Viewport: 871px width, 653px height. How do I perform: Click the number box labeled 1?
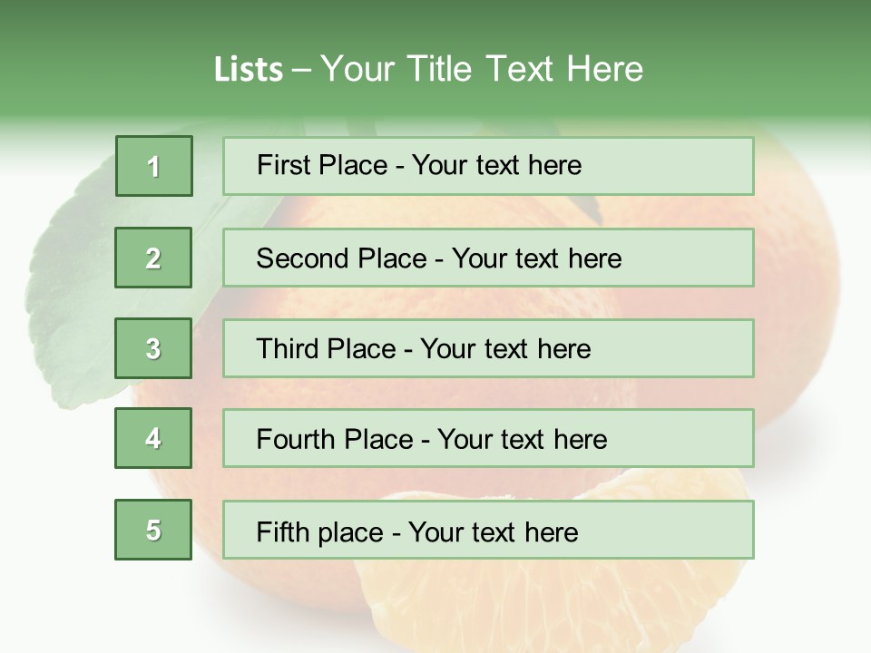pyautogui.click(x=154, y=166)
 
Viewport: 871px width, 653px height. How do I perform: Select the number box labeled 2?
pyautogui.click(x=153, y=258)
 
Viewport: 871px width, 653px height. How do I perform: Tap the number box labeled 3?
pyautogui.click(x=153, y=348)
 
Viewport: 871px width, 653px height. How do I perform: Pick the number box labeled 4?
pyautogui.click(x=153, y=439)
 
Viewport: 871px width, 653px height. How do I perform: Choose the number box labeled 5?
pyautogui.click(x=153, y=530)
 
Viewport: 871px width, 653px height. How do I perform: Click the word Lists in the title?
pyautogui.click(x=249, y=69)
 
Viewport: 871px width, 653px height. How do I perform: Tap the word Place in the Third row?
pyautogui.click(x=361, y=349)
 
